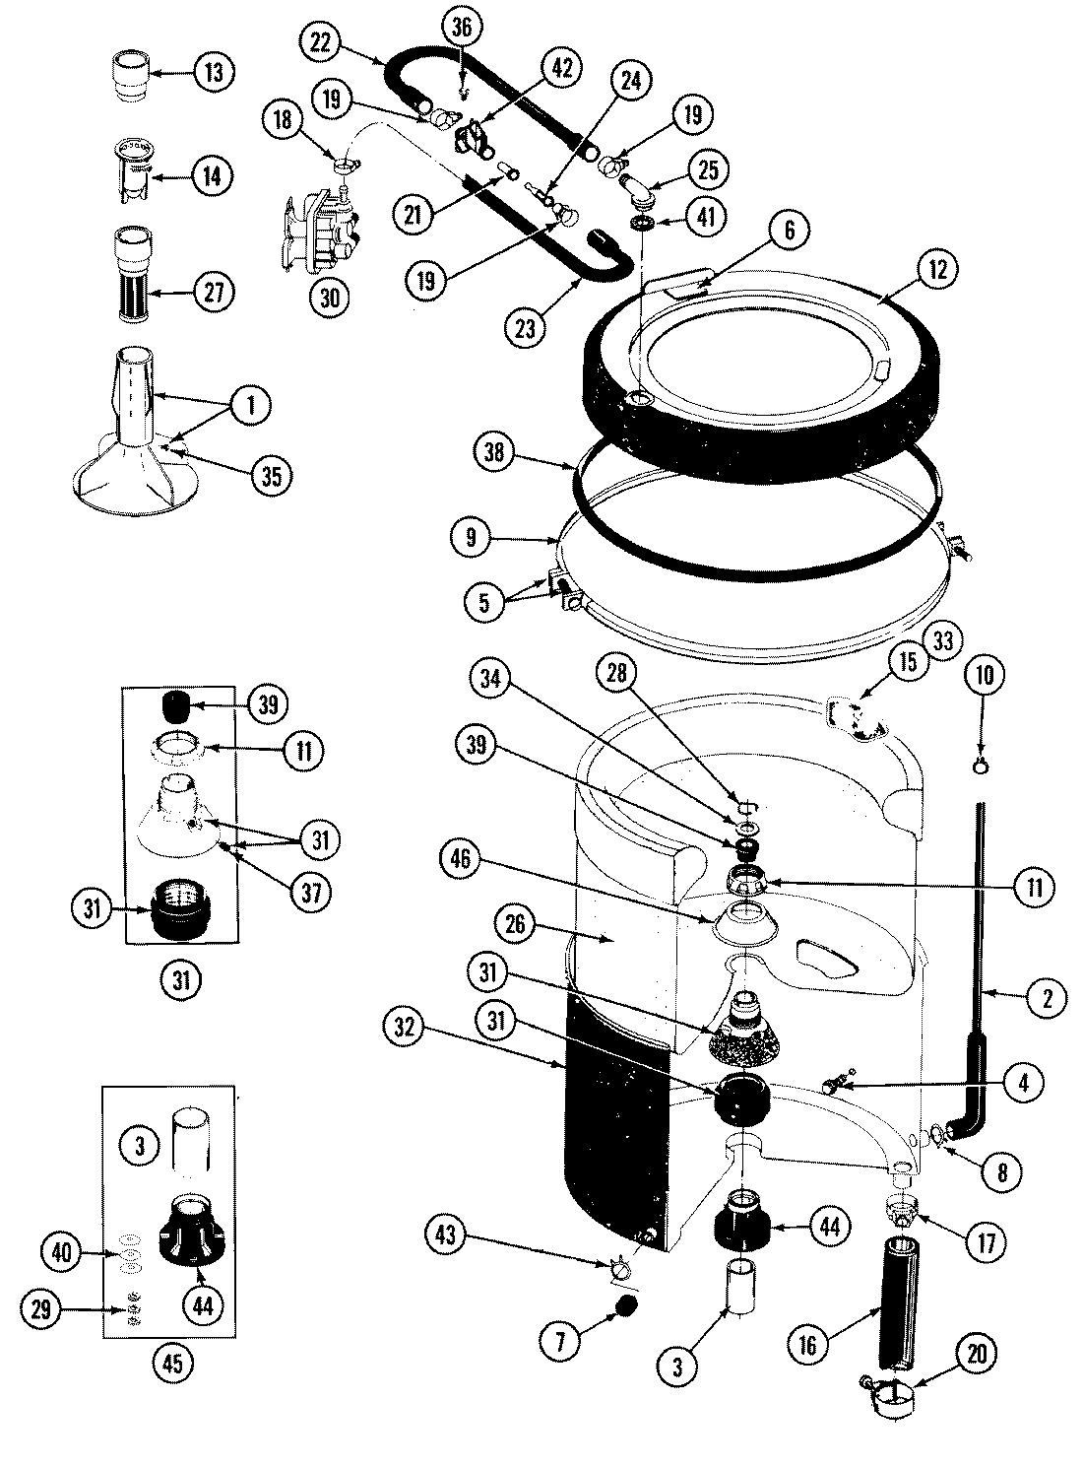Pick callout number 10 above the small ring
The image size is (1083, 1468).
click(987, 675)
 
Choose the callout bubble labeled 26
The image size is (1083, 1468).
click(519, 924)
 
